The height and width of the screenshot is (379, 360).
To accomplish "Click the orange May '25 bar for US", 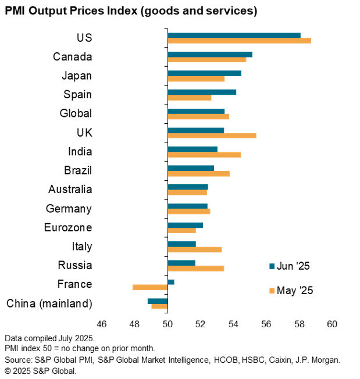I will tap(239, 41).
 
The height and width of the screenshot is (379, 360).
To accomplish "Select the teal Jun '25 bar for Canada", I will tap(210, 54).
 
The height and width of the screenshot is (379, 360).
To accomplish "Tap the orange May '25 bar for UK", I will tap(212, 135).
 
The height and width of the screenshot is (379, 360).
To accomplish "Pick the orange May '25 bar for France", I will tap(150, 287).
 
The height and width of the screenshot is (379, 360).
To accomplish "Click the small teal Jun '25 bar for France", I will tap(171, 282).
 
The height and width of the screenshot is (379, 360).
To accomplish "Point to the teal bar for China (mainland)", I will tap(158, 301).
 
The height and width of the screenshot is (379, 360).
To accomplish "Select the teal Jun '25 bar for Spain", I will tap(202, 92).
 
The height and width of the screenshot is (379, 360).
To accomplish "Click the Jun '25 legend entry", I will tap(289, 266).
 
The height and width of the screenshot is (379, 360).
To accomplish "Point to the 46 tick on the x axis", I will tap(101, 324).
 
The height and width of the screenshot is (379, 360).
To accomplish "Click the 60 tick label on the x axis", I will tap(332, 324).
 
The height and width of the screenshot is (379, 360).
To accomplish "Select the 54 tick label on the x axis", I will tap(233, 324).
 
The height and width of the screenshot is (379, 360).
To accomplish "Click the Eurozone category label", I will tap(68, 227).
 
